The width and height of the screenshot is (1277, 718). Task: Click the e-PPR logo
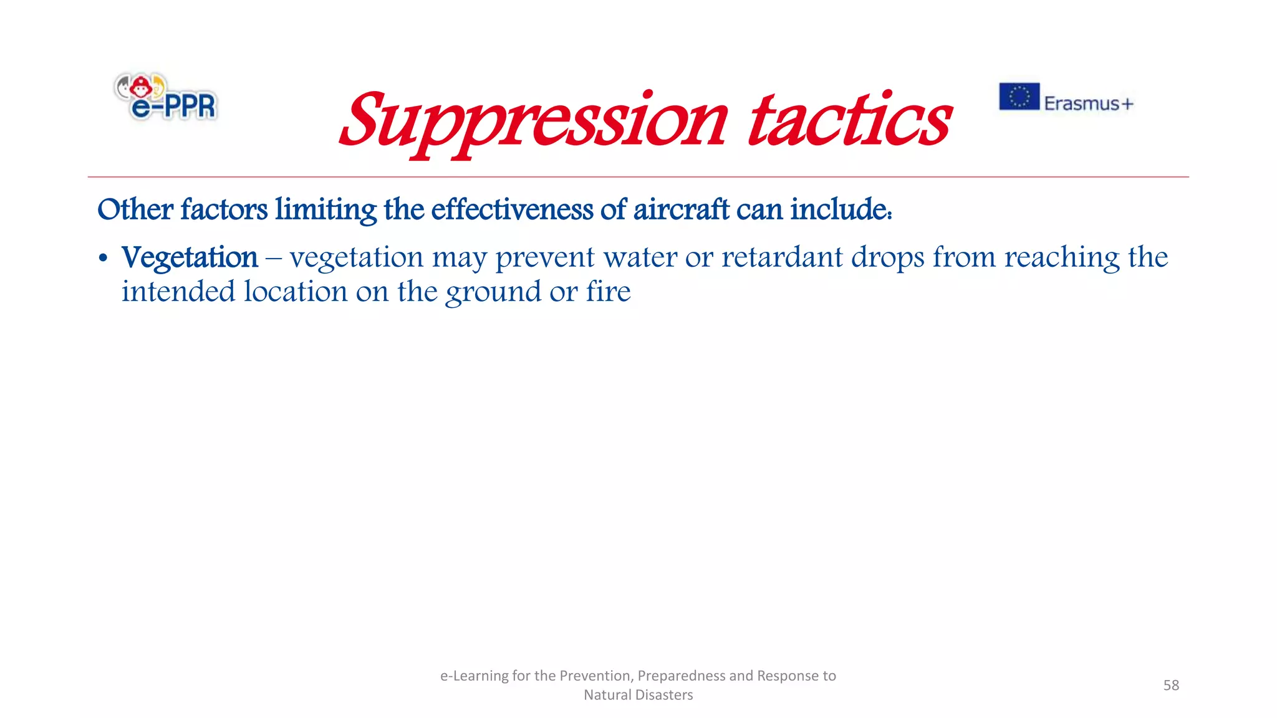pyautogui.click(x=166, y=97)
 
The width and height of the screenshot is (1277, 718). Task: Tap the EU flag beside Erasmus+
pyautogui.click(x=1019, y=97)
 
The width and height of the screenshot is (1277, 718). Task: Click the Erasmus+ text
pyautogui.click(x=1088, y=103)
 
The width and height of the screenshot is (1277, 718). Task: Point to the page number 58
pyautogui.click(x=1171, y=685)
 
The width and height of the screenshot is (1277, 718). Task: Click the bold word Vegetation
pyautogui.click(x=190, y=257)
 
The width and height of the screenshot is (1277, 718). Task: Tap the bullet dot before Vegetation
pyautogui.click(x=104, y=258)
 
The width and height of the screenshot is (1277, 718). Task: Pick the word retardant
pyautogui.click(x=782, y=257)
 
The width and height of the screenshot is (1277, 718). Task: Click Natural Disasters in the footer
pyautogui.click(x=638, y=695)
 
